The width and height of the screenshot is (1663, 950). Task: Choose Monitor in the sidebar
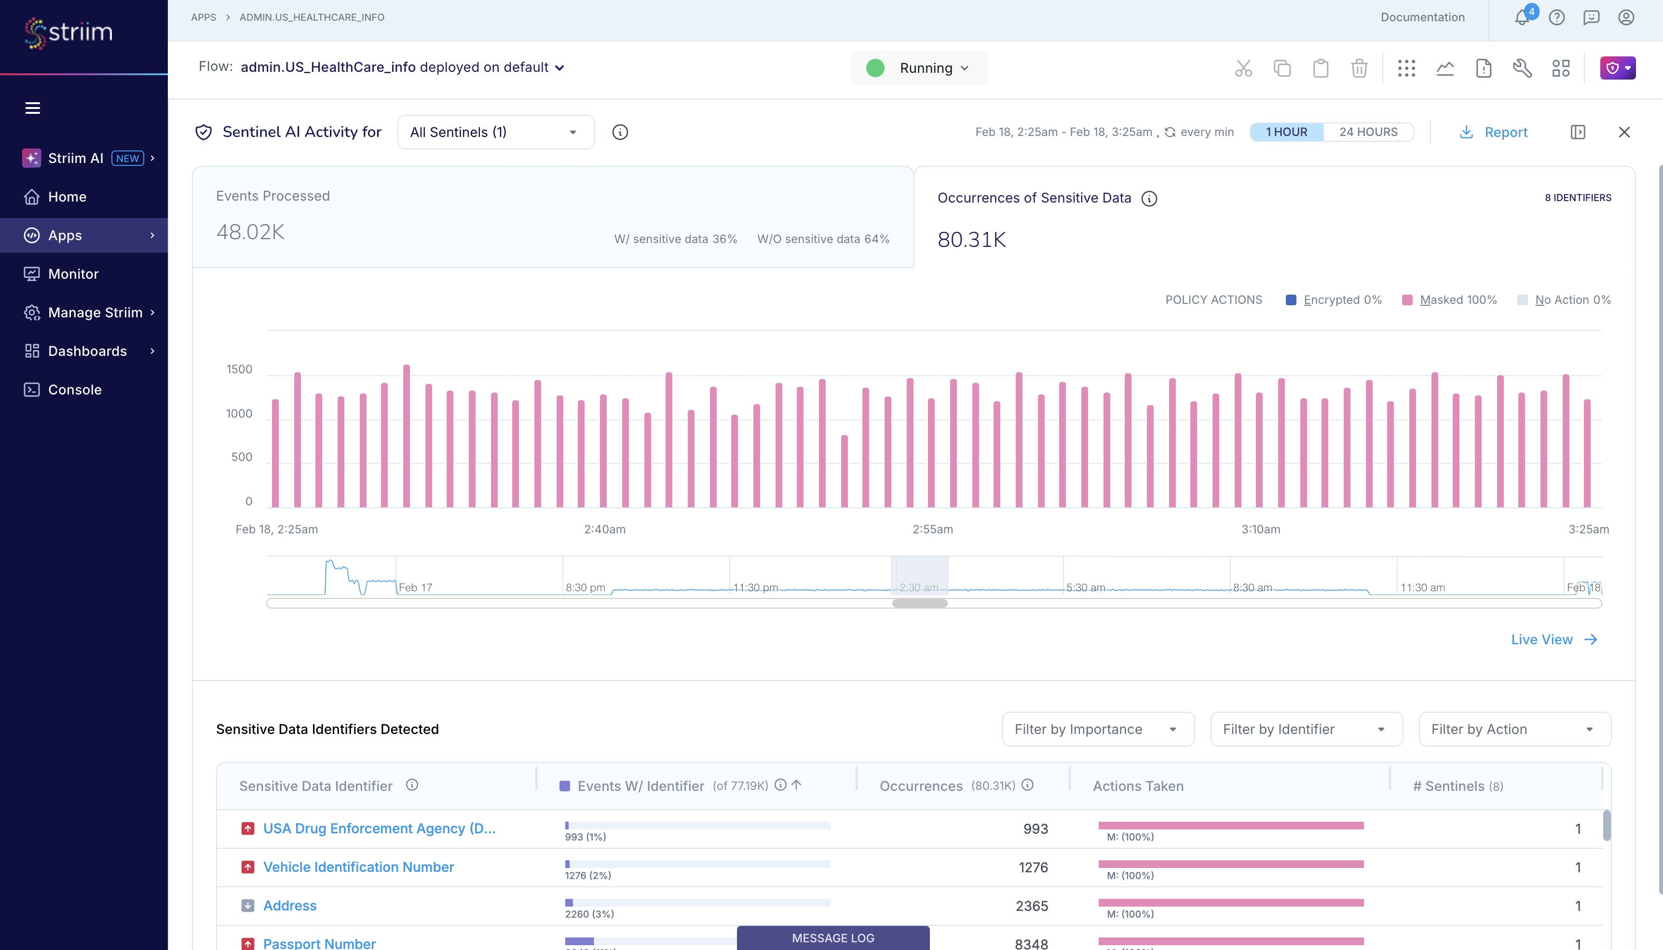pyautogui.click(x=73, y=274)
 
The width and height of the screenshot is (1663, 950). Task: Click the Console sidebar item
pyautogui.click(x=74, y=390)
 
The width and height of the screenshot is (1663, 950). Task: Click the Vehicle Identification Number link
pyautogui.click(x=358, y=867)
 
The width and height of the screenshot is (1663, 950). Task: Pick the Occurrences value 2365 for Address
pyautogui.click(x=1032, y=906)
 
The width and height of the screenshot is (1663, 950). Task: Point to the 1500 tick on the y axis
pyautogui.click(x=239, y=369)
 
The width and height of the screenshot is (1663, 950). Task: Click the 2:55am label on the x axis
pyautogui.click(x=932, y=529)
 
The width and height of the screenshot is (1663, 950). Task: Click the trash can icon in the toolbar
pyautogui.click(x=1359, y=68)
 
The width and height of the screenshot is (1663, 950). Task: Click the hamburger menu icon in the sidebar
pyautogui.click(x=33, y=108)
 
